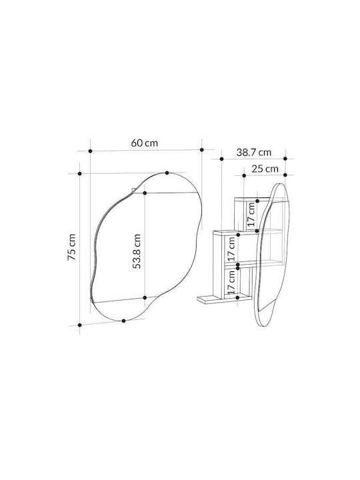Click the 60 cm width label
pyautogui.click(x=145, y=143)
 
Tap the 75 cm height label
pyautogui.click(x=71, y=247)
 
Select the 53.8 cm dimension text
pyautogui.click(x=137, y=251)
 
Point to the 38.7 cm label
pyautogui.click(x=254, y=152)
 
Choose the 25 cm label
pyautogui.click(x=265, y=169)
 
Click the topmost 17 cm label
pyautogui.click(x=251, y=214)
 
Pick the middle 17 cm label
pyautogui.click(x=232, y=247)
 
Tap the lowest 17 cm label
pyautogui.click(x=232, y=282)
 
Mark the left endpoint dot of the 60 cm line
pyautogui.click(x=90, y=151)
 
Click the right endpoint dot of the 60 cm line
pyautogui.click(x=202, y=150)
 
